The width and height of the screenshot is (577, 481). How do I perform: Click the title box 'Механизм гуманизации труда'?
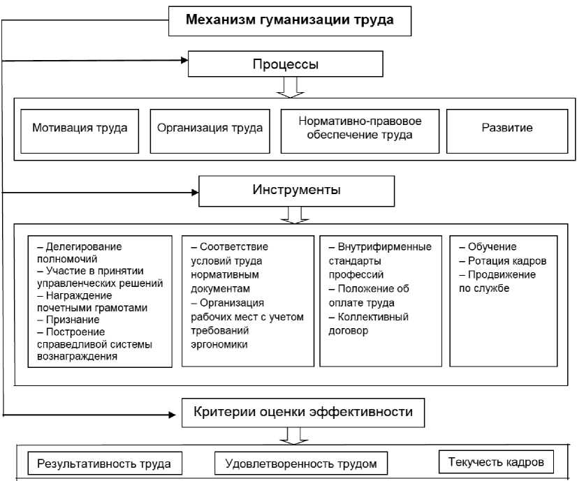pos(289,20)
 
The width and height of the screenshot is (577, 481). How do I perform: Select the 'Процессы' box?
pos(285,65)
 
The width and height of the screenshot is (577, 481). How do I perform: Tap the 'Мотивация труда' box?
pos(80,128)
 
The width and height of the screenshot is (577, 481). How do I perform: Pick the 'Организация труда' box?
pos(210,128)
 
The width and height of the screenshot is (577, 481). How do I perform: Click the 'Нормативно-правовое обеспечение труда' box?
pos(360,128)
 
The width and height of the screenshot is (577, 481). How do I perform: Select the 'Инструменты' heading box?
pos(296,190)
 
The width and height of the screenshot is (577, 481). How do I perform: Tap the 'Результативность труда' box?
pos(103,463)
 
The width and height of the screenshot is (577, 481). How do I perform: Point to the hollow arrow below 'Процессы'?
pos(289,87)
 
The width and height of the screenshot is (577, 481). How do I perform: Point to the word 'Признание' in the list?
pos(68,318)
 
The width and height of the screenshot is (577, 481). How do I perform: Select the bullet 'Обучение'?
pos(492,247)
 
